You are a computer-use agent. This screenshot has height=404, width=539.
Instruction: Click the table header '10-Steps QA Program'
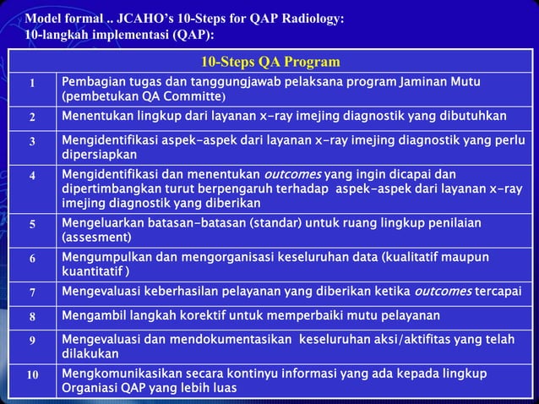270,62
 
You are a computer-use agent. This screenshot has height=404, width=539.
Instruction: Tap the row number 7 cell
31,292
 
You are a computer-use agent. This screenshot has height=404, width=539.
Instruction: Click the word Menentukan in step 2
97,116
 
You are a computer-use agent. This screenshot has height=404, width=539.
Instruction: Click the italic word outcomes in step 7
444,292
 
